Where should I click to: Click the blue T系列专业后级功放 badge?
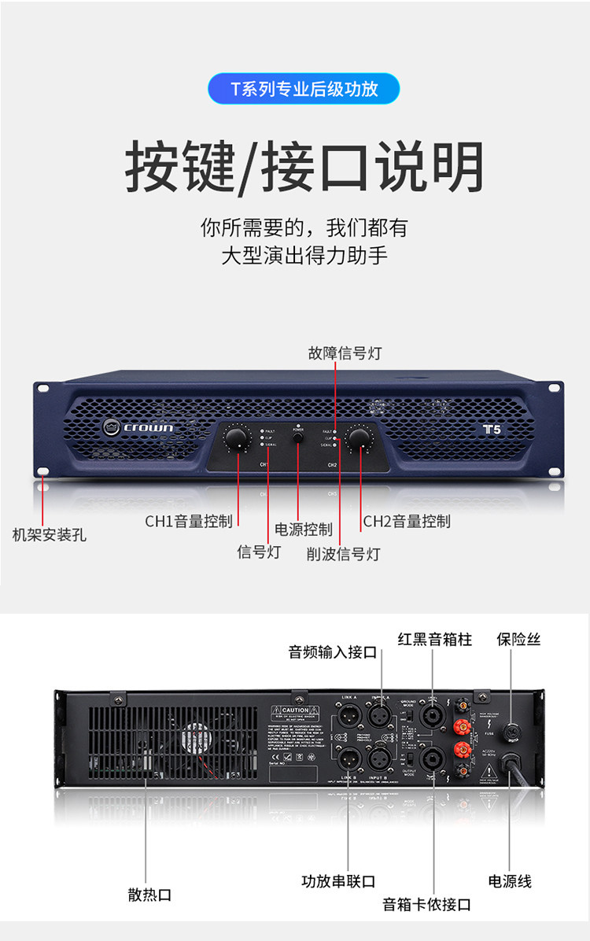[304, 89]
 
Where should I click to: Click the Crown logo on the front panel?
[138, 427]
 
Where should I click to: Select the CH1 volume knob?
[236, 437]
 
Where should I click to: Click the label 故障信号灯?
[344, 353]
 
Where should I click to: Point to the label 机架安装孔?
[49, 535]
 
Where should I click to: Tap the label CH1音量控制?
[189, 521]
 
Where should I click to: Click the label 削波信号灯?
[343, 554]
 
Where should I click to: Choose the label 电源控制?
[303, 530]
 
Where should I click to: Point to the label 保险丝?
[518, 639]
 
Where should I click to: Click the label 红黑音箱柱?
[434, 639]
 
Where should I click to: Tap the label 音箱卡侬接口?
[426, 904]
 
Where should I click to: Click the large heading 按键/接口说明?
[304, 166]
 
